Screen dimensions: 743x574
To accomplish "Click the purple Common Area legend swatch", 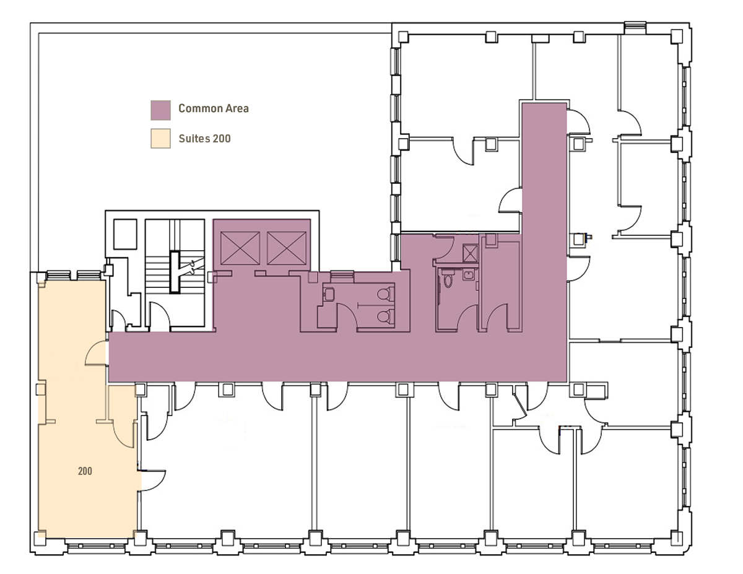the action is tap(161, 110).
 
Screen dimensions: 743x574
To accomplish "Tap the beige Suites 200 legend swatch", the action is tap(161, 139).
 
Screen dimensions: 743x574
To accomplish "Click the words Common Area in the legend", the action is tap(214, 108).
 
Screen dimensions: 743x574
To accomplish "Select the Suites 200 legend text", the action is tap(204, 139).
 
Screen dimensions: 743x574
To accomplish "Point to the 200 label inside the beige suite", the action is tap(85, 471).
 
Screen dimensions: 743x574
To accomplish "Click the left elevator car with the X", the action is tap(240, 248).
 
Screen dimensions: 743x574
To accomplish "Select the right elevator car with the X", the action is tap(287, 248).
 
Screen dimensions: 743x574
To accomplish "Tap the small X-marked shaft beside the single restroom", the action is tap(471, 253).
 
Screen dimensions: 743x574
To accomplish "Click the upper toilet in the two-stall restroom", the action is tap(386, 294).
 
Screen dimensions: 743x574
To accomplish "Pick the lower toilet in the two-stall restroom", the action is tap(386, 316).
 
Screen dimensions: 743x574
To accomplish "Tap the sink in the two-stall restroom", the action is tap(329, 294).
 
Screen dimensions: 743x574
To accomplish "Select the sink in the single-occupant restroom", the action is tap(468, 274).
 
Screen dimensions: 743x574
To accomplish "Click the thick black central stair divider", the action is tap(175, 272).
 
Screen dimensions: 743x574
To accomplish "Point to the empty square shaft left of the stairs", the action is tap(125, 234).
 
